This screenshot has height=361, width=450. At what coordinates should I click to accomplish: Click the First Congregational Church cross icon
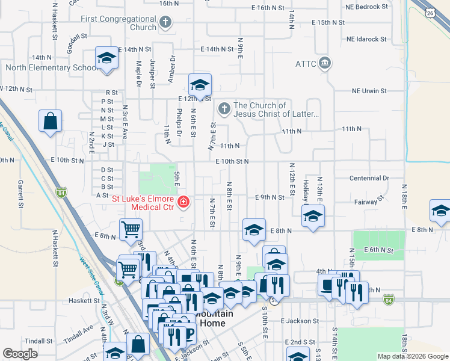point(165,23)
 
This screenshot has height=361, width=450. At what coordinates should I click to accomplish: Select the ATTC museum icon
point(325,63)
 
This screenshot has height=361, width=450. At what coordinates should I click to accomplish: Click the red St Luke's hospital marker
point(182,203)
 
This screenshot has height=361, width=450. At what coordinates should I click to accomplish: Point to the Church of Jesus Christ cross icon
point(224,110)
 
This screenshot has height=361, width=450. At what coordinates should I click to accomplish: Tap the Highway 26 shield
point(429,11)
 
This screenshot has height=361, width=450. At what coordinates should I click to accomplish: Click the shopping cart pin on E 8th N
point(131,230)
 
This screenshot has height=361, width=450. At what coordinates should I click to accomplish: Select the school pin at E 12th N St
point(200,84)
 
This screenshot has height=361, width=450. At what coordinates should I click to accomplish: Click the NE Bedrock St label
point(366,7)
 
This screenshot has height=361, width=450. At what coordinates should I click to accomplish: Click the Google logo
point(20,354)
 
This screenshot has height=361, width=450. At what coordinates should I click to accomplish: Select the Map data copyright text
point(412,356)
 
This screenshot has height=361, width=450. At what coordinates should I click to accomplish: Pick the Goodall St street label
point(73,44)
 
